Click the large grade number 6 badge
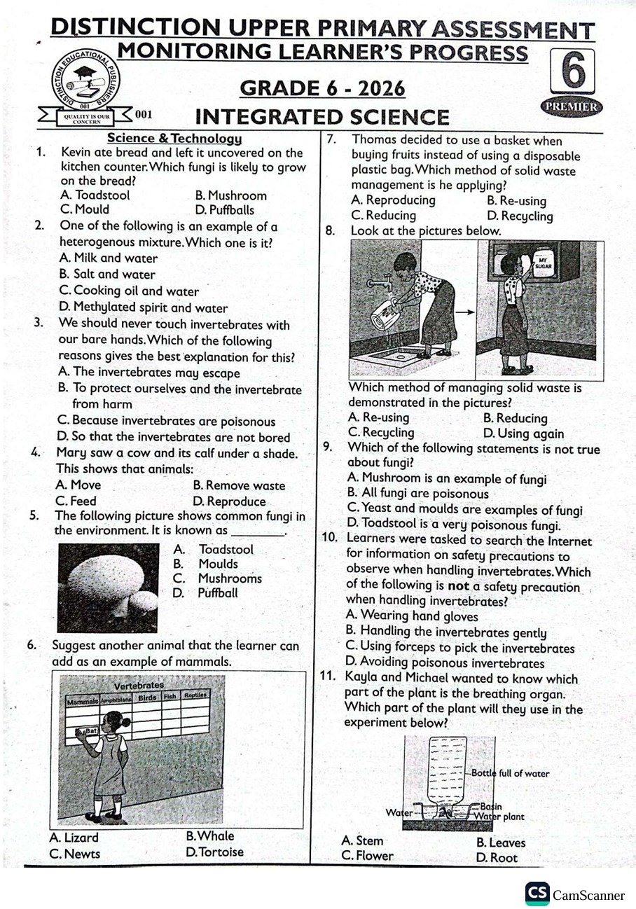click(573, 71)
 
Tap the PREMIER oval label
click(572, 106)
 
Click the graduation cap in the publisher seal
click(85, 72)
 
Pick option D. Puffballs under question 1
click(225, 209)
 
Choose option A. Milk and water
click(109, 258)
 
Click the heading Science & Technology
click(174, 139)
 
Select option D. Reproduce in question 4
click(229, 501)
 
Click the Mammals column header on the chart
click(82, 700)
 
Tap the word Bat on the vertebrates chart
click(90, 730)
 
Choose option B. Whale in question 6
click(210, 836)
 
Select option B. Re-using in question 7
click(516, 201)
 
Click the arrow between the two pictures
click(464, 312)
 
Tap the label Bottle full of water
click(510, 773)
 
